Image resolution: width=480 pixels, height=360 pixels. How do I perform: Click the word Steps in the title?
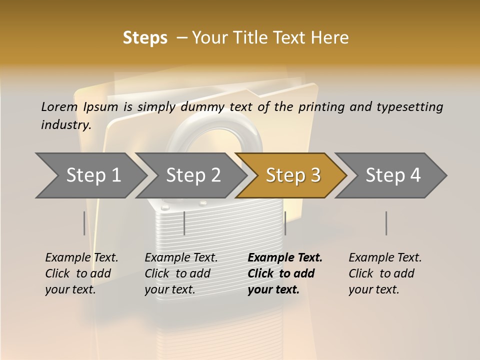[145, 38]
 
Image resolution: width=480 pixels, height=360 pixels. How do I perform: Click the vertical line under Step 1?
[84, 223]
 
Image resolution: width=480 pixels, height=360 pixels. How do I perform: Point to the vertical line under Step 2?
[184, 223]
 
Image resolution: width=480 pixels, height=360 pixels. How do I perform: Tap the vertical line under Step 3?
[285, 223]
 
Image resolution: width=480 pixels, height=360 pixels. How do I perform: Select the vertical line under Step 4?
[386, 223]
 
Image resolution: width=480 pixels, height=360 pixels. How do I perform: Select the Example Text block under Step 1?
[81, 273]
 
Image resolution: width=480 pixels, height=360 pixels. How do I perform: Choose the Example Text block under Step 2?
[181, 273]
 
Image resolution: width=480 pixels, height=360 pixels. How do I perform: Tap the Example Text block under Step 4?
[385, 273]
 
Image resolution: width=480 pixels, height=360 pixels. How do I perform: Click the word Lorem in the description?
[59, 106]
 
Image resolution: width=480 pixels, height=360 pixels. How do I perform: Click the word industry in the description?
[66, 124]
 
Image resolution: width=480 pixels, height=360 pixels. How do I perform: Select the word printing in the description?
[321, 106]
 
